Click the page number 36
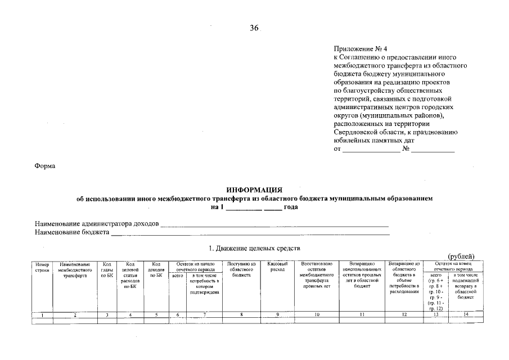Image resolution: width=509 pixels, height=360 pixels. point(254,29)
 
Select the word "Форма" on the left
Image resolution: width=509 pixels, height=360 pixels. point(45,167)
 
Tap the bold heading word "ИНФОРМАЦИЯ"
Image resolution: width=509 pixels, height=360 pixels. point(254,191)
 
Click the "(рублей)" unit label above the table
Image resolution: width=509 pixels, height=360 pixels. point(461,256)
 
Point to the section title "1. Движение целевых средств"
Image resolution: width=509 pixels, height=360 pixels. point(255,248)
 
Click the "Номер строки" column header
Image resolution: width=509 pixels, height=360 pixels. point(42,267)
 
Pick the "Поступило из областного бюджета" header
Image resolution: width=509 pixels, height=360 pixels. point(241,269)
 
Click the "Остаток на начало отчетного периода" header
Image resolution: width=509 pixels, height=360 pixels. point(195,266)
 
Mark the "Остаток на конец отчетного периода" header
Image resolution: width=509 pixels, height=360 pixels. point(453,266)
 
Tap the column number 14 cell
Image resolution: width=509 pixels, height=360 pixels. point(466,315)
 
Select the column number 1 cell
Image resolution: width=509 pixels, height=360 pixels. point(42,315)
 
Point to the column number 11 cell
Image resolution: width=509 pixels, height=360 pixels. point(362,315)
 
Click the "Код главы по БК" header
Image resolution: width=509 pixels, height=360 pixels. point(107,269)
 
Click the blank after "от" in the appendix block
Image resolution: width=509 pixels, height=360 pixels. point(371,150)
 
